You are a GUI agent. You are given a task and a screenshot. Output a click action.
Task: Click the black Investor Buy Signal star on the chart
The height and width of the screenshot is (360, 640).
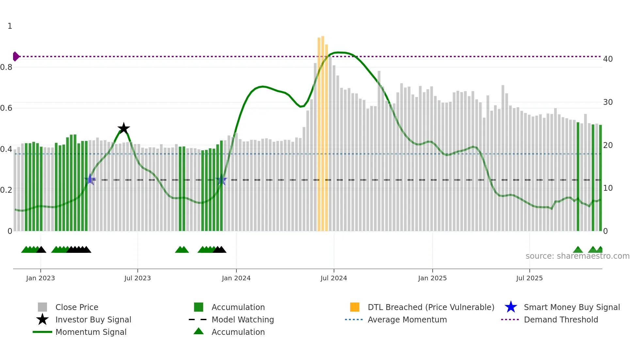pyautogui.click(x=124, y=128)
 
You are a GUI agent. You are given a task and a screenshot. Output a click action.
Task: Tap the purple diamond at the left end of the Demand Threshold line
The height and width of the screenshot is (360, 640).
pyautogui.click(x=16, y=57)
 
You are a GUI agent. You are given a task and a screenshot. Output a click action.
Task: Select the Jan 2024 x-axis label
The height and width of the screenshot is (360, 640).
pyautogui.click(x=236, y=278)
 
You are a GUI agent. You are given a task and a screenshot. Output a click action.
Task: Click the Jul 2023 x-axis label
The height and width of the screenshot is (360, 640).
pyautogui.click(x=137, y=278)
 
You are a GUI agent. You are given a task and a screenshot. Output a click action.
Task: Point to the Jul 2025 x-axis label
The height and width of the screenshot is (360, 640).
pyautogui.click(x=529, y=278)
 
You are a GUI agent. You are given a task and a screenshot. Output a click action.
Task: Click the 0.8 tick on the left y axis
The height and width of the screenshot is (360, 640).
pyautogui.click(x=6, y=67)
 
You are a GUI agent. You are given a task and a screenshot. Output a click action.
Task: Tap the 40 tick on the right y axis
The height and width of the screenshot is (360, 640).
pyautogui.click(x=608, y=59)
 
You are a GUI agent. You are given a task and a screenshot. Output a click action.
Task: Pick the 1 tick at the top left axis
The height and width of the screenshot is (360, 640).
pyautogui.click(x=10, y=26)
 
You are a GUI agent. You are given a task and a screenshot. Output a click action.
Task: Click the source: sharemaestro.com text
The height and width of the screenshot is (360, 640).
pyautogui.click(x=577, y=256)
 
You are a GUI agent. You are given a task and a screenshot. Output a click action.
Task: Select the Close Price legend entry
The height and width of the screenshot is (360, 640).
pyautogui.click(x=77, y=307)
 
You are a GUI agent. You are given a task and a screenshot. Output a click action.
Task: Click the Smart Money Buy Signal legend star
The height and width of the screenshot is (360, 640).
pyautogui.click(x=511, y=307)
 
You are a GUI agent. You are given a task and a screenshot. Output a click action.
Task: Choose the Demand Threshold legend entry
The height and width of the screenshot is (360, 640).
pyautogui.click(x=561, y=319)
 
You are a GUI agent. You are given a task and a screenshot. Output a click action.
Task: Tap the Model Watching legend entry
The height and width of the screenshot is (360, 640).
pyautogui.click(x=242, y=319)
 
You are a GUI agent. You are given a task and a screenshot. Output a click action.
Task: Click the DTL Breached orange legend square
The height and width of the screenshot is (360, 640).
pyautogui.click(x=355, y=307)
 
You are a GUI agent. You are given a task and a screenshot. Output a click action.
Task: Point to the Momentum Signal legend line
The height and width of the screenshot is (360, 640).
pyautogui.click(x=42, y=332)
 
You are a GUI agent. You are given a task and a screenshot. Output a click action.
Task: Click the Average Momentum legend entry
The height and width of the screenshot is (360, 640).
pyautogui.click(x=407, y=319)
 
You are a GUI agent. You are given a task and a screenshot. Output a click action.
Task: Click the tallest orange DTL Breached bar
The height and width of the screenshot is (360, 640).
pyautogui.click(x=323, y=131)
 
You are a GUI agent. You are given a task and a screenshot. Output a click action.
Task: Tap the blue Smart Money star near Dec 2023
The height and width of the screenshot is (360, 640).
pyautogui.click(x=221, y=180)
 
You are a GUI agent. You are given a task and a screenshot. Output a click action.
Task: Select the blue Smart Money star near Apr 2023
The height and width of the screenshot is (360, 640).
pyautogui.click(x=90, y=179)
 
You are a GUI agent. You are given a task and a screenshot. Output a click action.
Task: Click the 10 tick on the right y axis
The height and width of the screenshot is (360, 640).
pyautogui.click(x=608, y=188)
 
